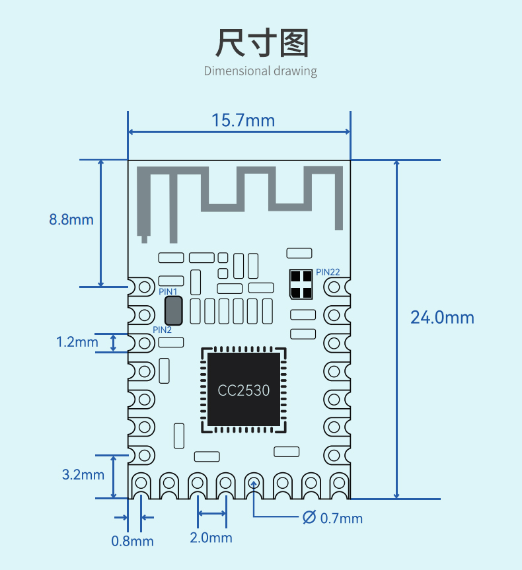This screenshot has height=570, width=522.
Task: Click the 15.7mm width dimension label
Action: pyautogui.click(x=243, y=120)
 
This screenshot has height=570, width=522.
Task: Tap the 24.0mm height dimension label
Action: pyautogui.click(x=442, y=317)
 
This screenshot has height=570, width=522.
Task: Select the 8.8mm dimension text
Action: pyautogui.click(x=71, y=219)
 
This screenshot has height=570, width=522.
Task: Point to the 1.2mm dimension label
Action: pyautogui.click(x=77, y=342)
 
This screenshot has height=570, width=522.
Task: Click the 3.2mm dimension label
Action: pyautogui.click(x=83, y=475)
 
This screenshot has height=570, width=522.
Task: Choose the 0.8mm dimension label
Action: pyautogui.click(x=132, y=542)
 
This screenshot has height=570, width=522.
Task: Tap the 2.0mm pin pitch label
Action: pyautogui.click(x=211, y=538)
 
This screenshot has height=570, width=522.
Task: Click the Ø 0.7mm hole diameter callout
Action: pyautogui.click(x=332, y=518)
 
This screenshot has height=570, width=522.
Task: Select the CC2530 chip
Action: pyautogui.click(x=244, y=390)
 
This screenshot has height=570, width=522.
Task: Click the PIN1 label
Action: pyautogui.click(x=168, y=291)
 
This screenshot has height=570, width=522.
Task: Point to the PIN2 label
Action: pyautogui.click(x=162, y=330)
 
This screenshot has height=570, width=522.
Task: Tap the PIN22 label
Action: pyautogui.click(x=328, y=272)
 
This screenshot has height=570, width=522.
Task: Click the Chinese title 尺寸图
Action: pyautogui.click(x=262, y=43)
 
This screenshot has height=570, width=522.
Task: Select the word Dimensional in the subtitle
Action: pyautogui.click(x=237, y=71)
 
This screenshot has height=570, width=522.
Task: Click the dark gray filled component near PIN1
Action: pyautogui.click(x=174, y=311)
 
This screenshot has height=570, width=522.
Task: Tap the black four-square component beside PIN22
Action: pyautogui.click(x=301, y=284)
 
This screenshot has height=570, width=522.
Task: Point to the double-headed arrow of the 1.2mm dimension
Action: pyautogui.click(x=113, y=343)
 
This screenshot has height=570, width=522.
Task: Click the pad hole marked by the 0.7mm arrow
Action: pyautogui.click(x=254, y=483)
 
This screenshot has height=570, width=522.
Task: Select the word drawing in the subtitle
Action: pyautogui.click(x=295, y=71)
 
